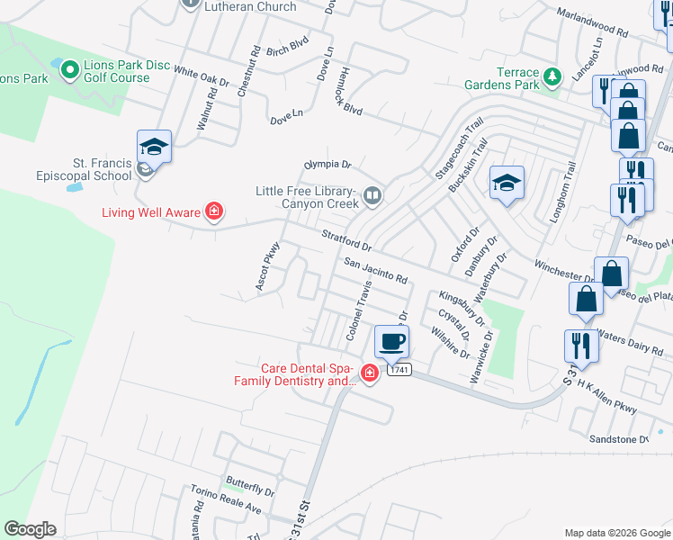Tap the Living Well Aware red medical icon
coord(214,212)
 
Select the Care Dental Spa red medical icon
coord(369,373)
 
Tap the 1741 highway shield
coord(399,370)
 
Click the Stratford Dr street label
coord(346,239)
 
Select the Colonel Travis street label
coord(359,310)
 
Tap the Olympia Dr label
coord(326,165)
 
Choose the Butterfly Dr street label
coord(251,490)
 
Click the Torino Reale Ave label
coord(225,500)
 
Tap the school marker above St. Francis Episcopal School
coord(154,147)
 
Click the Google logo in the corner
coord(30,529)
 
